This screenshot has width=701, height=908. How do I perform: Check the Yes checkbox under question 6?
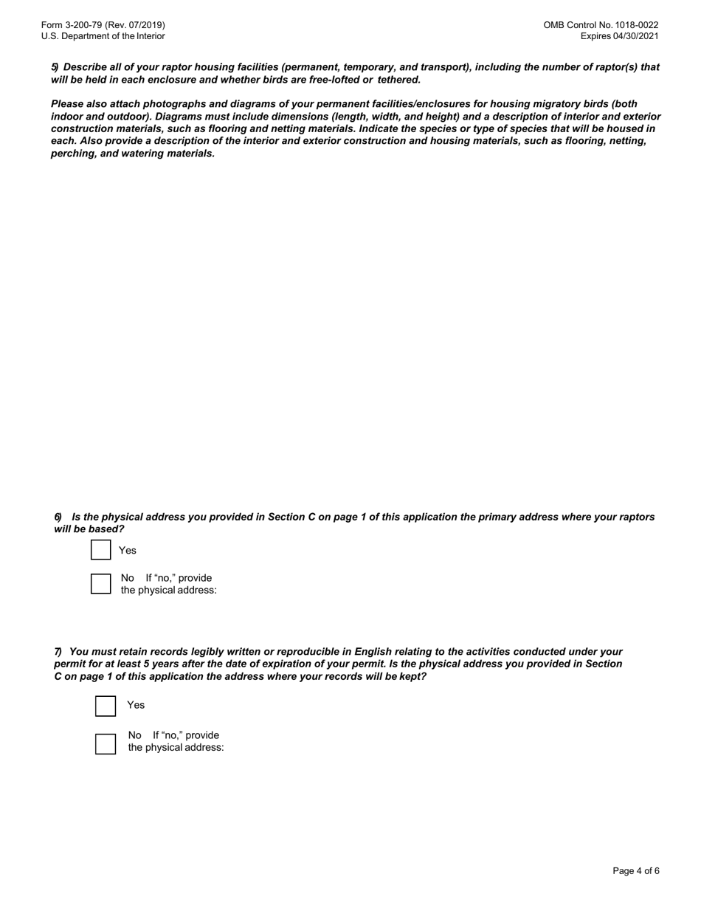click(x=101, y=550)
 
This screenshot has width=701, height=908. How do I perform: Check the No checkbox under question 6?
click(x=101, y=584)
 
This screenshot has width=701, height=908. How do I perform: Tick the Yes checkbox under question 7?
click(x=106, y=706)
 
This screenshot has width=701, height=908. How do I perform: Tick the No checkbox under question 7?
click(x=106, y=743)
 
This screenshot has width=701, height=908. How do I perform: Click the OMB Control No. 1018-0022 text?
click(x=601, y=25)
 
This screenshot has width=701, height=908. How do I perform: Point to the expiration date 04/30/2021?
click(x=635, y=36)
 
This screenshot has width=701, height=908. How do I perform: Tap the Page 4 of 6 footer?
click(x=635, y=871)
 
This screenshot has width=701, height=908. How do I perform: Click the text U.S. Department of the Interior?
click(x=103, y=36)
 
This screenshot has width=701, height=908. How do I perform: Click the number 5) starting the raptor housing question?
click(x=55, y=67)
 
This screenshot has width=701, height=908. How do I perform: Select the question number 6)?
click(x=58, y=517)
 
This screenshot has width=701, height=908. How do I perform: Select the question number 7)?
click(x=58, y=652)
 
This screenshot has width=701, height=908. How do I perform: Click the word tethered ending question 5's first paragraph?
click(x=398, y=80)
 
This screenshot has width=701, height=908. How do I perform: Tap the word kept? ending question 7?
click(x=412, y=676)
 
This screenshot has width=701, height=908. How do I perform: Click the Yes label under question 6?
click(x=128, y=551)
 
